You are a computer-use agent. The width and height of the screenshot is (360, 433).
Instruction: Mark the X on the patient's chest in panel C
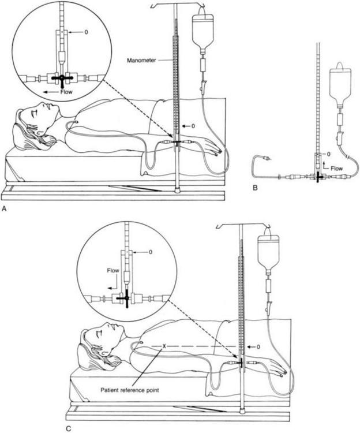pos(164,346)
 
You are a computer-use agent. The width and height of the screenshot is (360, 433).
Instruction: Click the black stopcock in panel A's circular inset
pos(58,77)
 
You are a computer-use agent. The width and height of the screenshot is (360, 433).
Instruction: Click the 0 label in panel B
pos(327,154)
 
